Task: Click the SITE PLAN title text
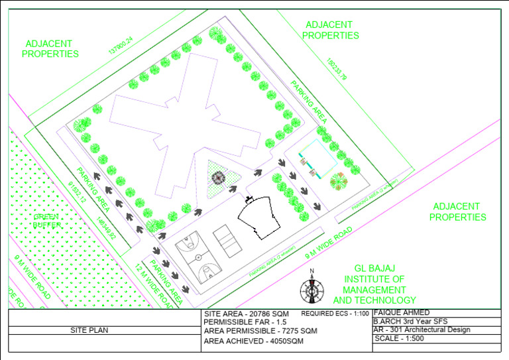click(x=89, y=330)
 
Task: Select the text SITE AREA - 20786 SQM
click(x=246, y=312)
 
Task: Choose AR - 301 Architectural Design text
click(x=422, y=330)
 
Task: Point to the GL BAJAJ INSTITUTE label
click(x=378, y=279)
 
